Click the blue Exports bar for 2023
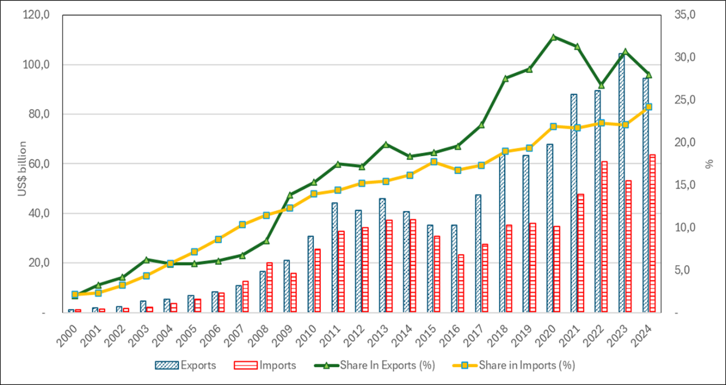(x=621, y=185)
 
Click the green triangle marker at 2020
(x=553, y=37)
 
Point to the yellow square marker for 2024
(x=649, y=107)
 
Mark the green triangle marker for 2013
(x=386, y=144)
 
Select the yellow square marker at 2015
(x=434, y=162)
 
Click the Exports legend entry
(x=185, y=365)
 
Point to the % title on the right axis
(x=709, y=164)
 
